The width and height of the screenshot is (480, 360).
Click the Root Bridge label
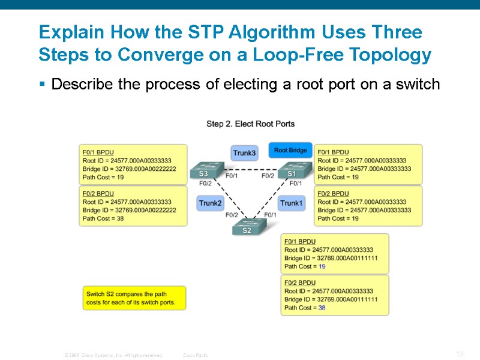click(290, 150)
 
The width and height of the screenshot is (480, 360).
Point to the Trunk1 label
click(292, 203)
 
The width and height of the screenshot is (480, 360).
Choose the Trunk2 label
click(210, 203)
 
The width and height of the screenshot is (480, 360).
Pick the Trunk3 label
click(244, 153)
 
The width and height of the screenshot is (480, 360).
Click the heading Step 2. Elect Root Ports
click(250, 124)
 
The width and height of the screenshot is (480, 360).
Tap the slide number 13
click(460, 354)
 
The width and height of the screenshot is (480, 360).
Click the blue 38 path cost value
click(322, 308)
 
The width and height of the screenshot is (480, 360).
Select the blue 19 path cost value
click(322, 266)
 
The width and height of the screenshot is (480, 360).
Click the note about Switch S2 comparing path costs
click(134, 298)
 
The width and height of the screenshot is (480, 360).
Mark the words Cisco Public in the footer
click(196, 355)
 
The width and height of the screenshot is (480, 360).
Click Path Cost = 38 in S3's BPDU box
click(103, 218)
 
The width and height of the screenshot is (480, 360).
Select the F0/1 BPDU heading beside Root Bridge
click(333, 152)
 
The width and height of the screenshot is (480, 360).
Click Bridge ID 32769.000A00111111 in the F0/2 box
click(331, 299)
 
